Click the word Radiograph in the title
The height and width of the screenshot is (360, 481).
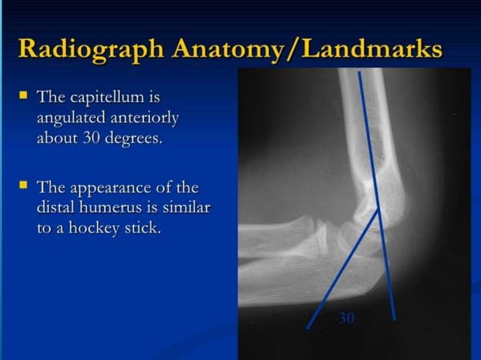click(x=87, y=48)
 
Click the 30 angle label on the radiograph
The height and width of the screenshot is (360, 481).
click(x=346, y=319)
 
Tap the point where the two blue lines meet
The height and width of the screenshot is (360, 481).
click(x=378, y=213)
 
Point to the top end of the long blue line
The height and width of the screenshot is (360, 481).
click(x=360, y=73)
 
